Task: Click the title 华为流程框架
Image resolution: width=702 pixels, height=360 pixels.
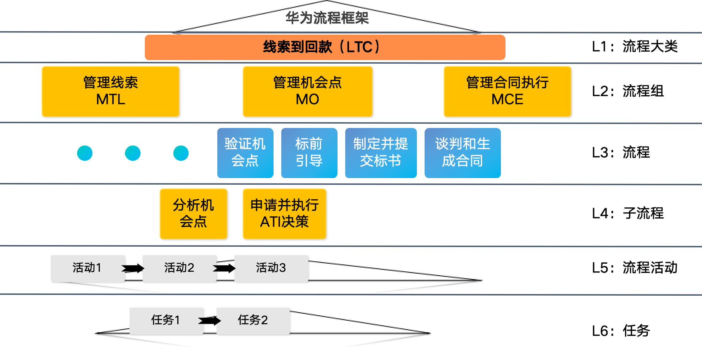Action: [x=327, y=18]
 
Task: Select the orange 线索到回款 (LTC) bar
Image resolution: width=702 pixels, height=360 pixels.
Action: [x=325, y=47]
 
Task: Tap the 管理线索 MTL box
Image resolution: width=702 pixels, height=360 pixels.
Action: [x=111, y=91]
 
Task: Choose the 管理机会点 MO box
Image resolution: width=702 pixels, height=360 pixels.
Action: [x=307, y=91]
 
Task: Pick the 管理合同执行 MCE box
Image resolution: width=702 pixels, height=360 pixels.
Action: [x=507, y=91]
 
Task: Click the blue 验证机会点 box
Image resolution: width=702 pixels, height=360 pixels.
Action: [x=245, y=153]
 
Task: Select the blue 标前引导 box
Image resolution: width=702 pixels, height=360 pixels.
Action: [x=309, y=153]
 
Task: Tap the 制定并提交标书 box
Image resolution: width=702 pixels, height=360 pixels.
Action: [x=381, y=153]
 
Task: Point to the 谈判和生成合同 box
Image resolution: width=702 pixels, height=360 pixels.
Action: [x=462, y=153]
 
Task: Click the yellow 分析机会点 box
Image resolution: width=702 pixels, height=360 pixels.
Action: [x=193, y=214]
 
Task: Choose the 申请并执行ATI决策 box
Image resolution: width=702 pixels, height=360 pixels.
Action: [x=284, y=214]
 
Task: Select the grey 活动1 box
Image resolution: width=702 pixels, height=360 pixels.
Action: [x=87, y=268]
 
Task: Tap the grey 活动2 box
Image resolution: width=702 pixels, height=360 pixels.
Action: [x=179, y=268]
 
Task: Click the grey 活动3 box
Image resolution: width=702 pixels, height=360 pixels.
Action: [x=271, y=268]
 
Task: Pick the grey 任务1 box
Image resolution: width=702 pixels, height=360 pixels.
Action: [x=166, y=320]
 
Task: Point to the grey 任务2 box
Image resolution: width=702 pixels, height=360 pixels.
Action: [x=253, y=320]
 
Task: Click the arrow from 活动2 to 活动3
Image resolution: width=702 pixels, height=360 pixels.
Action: [x=225, y=268]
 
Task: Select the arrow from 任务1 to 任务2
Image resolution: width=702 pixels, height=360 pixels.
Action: [x=210, y=320]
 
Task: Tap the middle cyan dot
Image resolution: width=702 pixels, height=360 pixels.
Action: [x=133, y=153]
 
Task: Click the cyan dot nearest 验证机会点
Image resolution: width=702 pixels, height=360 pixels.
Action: [x=181, y=153]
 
